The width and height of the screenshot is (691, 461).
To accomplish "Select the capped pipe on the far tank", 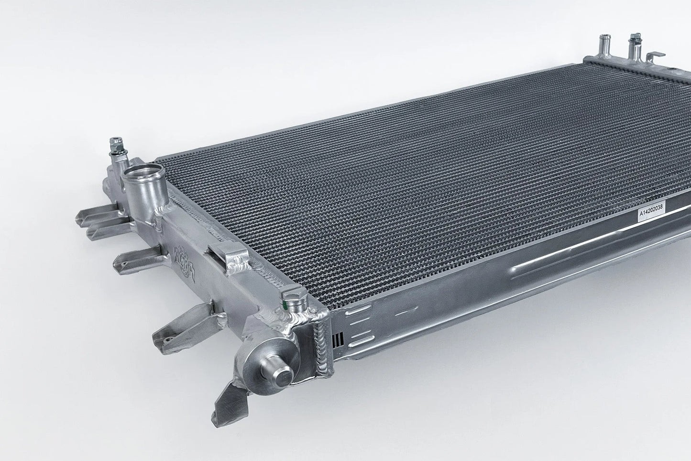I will pos(635,46).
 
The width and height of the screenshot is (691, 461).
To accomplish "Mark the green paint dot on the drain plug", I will pos(286,303).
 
